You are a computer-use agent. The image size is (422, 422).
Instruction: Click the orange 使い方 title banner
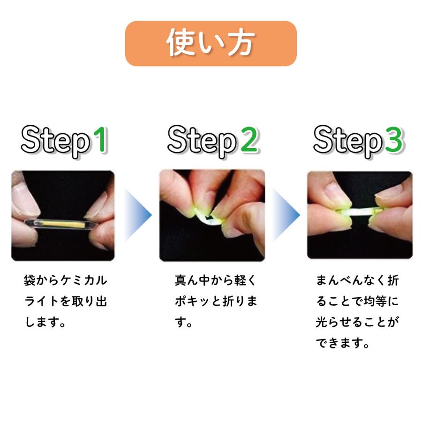click(211, 43)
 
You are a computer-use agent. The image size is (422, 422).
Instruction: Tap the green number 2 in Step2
click(249, 140)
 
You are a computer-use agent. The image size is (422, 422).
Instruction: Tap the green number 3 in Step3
click(393, 140)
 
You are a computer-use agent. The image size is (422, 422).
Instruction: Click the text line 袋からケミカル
click(65, 281)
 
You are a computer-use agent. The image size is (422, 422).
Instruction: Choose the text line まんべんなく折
click(357, 281)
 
